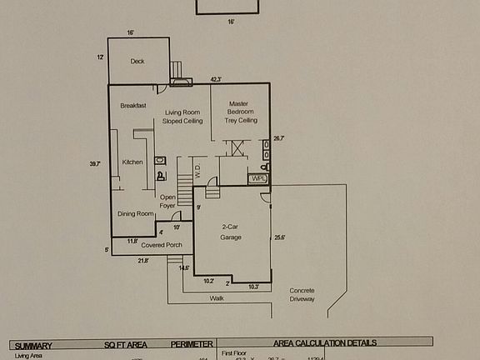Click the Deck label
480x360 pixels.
click(137, 62)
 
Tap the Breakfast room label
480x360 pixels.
click(133, 106)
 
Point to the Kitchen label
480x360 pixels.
click(132, 162)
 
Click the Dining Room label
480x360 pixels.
click(135, 213)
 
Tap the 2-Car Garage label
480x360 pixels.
click(231, 232)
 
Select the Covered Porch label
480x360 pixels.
click(162, 245)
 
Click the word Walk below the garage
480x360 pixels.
click(217, 297)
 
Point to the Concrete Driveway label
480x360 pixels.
click(302, 294)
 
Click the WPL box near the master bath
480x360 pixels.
click(258, 178)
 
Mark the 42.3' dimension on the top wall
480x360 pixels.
click(216, 79)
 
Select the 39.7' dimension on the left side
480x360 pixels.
click(95, 164)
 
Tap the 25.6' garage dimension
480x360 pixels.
click(280, 237)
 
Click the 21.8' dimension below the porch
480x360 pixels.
click(142, 261)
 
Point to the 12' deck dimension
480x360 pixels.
click(100, 57)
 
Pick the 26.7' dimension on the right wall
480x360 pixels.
click(279, 138)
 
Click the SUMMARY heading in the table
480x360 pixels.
click(33, 344)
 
